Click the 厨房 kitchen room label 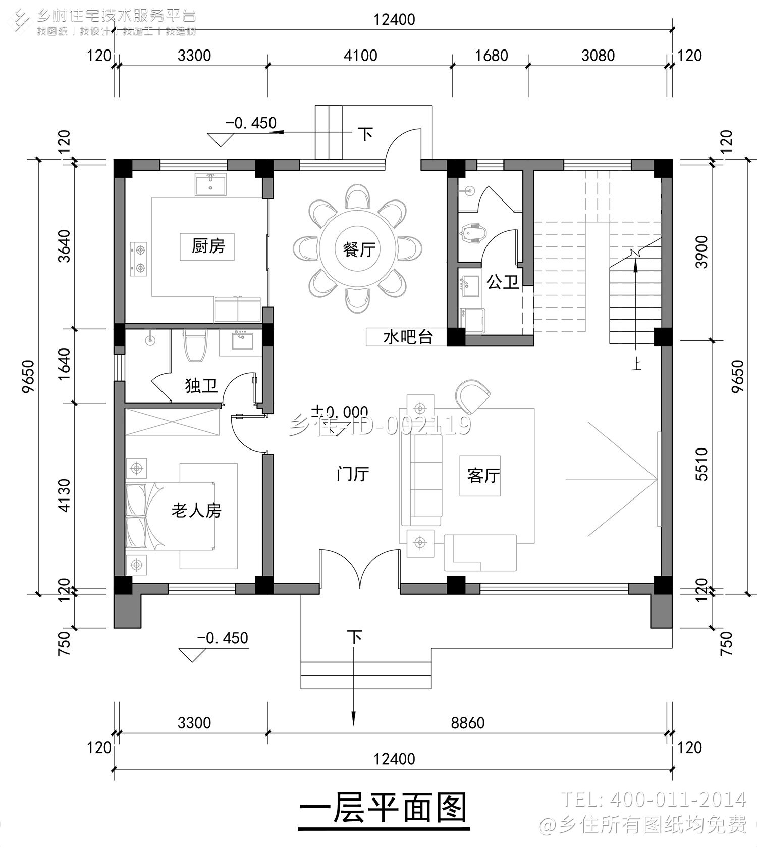[x=207, y=246]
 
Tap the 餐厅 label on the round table [x=359, y=249]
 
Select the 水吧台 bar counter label [x=407, y=337]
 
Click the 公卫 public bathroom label [x=503, y=282]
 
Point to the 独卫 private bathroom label [x=201, y=386]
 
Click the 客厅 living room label [x=483, y=476]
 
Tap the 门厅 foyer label [x=352, y=474]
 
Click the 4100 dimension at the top [x=360, y=55]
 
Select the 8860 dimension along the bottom [x=467, y=723]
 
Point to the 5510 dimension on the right [x=702, y=464]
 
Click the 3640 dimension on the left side [x=64, y=246]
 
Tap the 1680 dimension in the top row [x=491, y=55]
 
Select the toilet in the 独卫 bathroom [x=195, y=345]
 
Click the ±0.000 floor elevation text [x=339, y=411]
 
